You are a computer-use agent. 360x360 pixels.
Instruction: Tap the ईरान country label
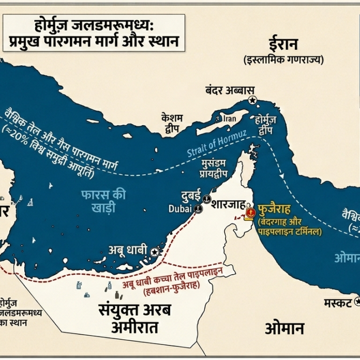[283, 44]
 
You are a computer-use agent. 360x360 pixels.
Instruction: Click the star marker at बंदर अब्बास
[252, 100]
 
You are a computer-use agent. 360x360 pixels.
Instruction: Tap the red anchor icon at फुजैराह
[250, 212]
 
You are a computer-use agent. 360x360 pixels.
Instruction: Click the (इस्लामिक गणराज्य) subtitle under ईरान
[283, 59]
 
